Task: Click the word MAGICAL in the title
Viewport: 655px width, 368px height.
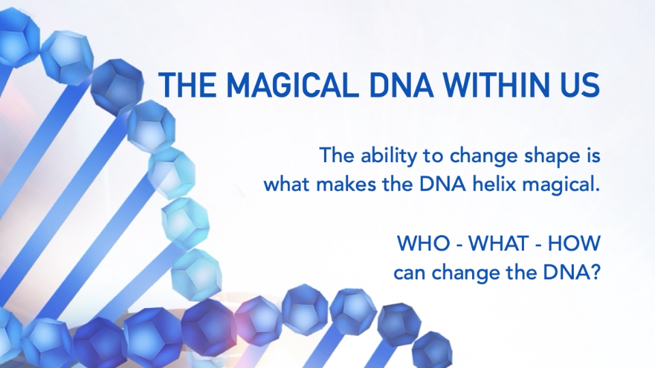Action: [x=292, y=85]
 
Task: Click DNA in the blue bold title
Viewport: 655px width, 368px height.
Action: [x=401, y=85]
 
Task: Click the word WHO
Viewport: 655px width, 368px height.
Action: [x=423, y=243]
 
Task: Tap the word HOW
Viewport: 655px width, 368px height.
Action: [x=574, y=243]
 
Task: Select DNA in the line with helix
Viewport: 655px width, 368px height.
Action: [x=442, y=185]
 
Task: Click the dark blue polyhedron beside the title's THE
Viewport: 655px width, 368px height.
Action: [x=117, y=87]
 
